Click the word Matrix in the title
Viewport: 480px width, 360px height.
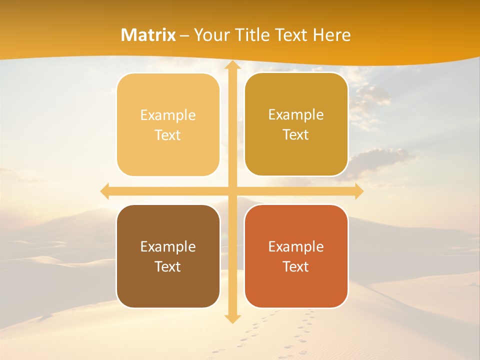[x=148, y=35]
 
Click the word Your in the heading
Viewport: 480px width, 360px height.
[x=211, y=35]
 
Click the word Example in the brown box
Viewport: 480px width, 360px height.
[x=168, y=247]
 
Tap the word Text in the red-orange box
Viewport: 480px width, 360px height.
[x=296, y=267]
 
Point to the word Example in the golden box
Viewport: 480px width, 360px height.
[x=296, y=115]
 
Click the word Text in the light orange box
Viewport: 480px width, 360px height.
[x=168, y=135]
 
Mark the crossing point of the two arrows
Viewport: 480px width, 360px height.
[x=231, y=191]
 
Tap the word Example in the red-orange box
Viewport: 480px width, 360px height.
[x=296, y=247]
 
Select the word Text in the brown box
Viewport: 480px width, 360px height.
[x=168, y=267]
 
